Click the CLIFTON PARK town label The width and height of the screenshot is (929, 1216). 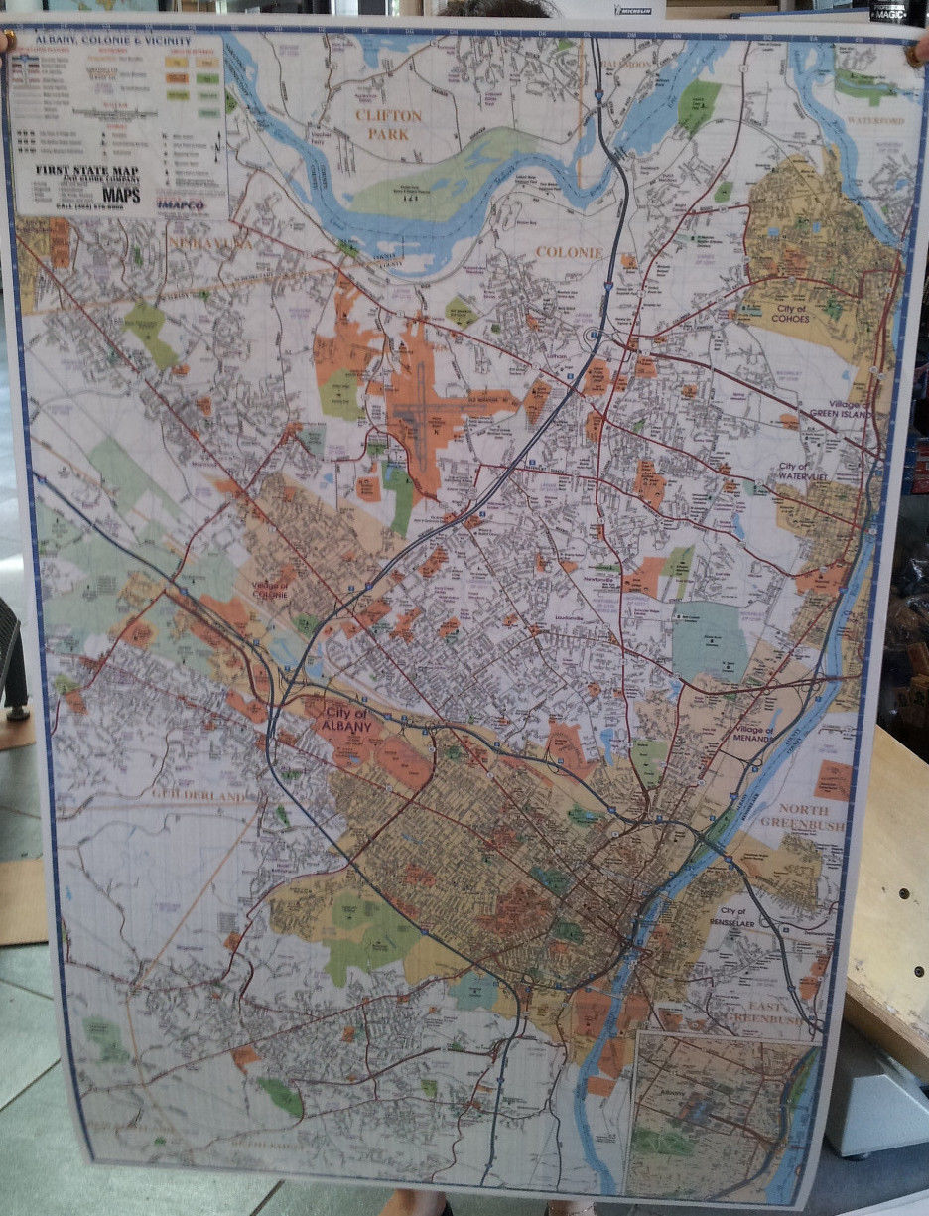389,124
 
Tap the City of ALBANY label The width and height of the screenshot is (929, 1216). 345,721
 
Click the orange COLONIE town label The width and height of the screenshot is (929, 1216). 569,252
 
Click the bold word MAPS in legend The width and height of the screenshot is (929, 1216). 121,195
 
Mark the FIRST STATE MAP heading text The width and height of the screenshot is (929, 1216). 85,170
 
